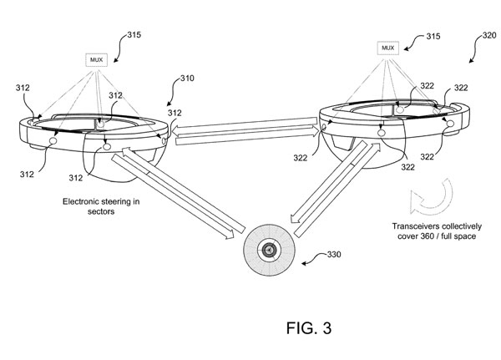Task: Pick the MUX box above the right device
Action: tap(387, 48)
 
